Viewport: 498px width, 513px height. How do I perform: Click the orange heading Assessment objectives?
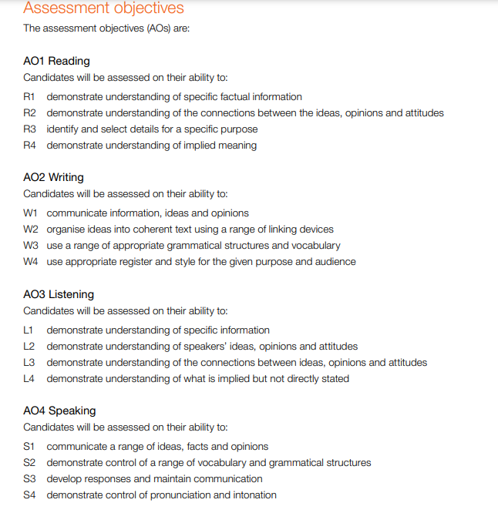(x=103, y=8)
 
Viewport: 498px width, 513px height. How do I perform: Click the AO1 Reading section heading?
(x=56, y=61)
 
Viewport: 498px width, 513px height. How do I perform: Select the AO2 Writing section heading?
(x=53, y=178)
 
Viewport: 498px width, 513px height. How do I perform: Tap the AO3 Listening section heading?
(x=59, y=294)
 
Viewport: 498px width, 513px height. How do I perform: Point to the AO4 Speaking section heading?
(x=59, y=411)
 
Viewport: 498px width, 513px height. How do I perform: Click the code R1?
(x=30, y=97)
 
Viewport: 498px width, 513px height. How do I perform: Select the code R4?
(x=30, y=146)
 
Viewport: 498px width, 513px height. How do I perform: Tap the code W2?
(x=31, y=230)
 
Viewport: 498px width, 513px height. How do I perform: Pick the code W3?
(x=31, y=246)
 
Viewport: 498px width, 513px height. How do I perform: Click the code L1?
(x=29, y=330)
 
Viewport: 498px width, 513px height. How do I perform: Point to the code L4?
(x=29, y=379)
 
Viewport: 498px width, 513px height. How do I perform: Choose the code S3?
(x=30, y=479)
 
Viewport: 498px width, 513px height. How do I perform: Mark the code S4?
(x=30, y=495)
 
